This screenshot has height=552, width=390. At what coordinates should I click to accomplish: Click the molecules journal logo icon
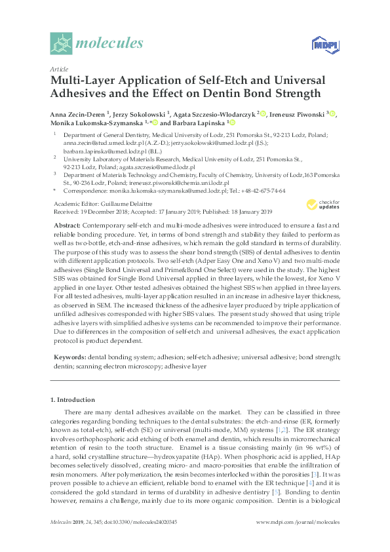click(61, 44)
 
